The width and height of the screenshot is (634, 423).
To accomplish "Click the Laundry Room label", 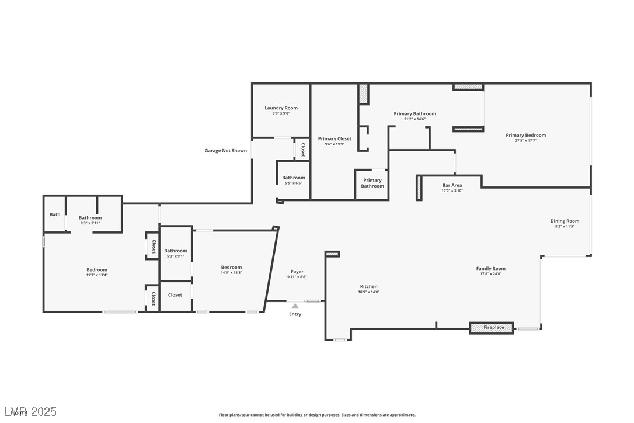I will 281,108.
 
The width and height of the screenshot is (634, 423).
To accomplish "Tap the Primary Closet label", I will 335,139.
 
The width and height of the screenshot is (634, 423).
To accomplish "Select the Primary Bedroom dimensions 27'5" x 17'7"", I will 525,141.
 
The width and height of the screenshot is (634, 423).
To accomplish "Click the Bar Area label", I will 452,185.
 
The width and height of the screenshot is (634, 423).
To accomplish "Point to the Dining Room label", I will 565,221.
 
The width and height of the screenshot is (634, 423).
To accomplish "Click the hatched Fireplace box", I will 492,328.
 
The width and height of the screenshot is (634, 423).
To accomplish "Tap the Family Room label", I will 490,269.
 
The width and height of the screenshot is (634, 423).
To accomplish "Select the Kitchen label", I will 368,286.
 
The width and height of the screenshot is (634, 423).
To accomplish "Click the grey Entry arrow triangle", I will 295,306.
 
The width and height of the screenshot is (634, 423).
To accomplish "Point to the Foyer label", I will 297,272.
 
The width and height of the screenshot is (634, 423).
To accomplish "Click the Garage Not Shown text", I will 225,151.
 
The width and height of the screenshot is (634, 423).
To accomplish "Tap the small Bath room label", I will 55,214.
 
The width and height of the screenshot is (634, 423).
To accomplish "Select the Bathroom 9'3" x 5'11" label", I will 90,218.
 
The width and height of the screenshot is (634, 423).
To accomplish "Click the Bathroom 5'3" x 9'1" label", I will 175,251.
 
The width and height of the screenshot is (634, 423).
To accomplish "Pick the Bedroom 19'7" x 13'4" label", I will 97,269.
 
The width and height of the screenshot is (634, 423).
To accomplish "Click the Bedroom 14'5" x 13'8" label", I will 231,268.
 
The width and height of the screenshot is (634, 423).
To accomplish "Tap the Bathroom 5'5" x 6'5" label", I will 293,178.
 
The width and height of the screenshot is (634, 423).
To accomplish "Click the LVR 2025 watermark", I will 29,412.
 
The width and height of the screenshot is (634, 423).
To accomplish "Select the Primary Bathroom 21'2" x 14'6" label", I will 414,114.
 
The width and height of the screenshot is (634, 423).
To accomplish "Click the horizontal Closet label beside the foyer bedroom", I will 175,295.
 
